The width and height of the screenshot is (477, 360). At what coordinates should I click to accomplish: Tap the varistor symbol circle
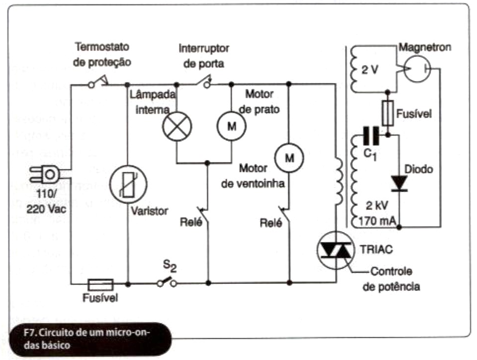click(x=128, y=183)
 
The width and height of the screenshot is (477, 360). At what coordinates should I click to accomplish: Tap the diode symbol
click(x=399, y=183)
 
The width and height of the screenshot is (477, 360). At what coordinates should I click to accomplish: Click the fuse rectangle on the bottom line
click(x=100, y=284)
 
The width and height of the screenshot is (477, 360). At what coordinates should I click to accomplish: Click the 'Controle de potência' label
click(x=392, y=279)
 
